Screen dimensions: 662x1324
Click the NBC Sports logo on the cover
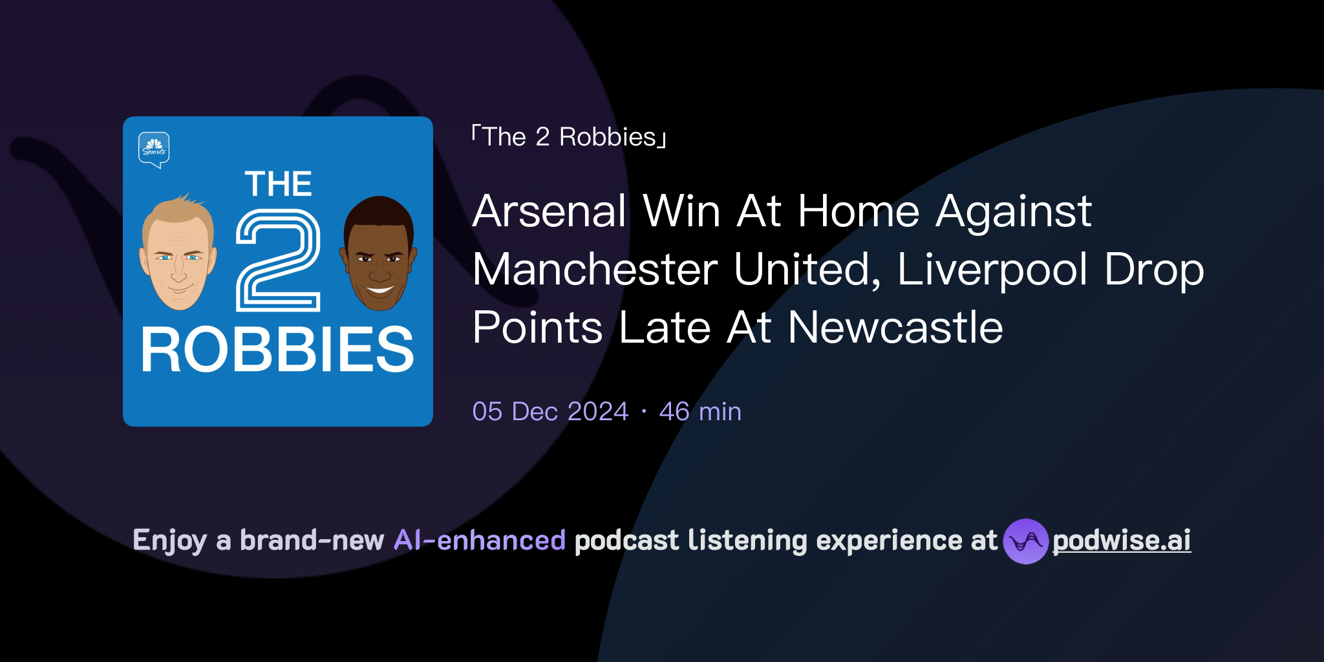coord(154,149)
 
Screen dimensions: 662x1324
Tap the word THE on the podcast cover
coord(278,184)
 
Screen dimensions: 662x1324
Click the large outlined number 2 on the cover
coord(278,260)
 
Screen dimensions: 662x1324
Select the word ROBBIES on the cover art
coord(277,350)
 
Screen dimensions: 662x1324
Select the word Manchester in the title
coord(595,270)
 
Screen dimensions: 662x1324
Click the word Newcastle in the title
coord(895,328)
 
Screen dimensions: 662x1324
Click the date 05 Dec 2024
coord(550,412)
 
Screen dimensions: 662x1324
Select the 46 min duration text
coord(700,412)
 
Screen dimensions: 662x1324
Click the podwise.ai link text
coord(1122,541)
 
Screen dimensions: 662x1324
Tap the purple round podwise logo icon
coord(1025,541)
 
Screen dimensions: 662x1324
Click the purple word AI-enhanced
coord(480,540)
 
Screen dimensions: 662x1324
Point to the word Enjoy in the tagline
coord(169,541)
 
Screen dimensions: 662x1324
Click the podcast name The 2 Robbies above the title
coord(569,137)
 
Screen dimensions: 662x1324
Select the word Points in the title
coord(538,328)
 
